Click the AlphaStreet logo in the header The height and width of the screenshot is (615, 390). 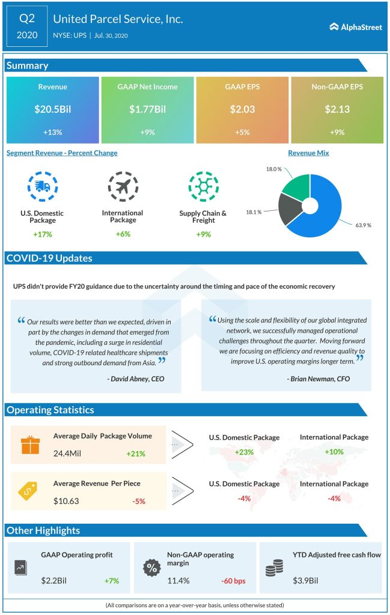pos(355,26)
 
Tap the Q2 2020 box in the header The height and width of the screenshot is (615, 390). pos(26,26)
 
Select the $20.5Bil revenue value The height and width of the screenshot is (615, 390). pos(52,110)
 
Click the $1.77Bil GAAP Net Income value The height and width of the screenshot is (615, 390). pos(147,110)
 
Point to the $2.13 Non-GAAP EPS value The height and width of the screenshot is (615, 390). pos(337,110)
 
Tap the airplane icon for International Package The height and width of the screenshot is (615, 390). pos(122,187)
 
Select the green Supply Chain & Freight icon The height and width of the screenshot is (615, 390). pos(203,187)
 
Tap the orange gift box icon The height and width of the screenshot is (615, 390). pos(29,445)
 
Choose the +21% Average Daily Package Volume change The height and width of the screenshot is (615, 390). pos(136,453)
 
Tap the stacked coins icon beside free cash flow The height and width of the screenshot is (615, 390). pos(274,568)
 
